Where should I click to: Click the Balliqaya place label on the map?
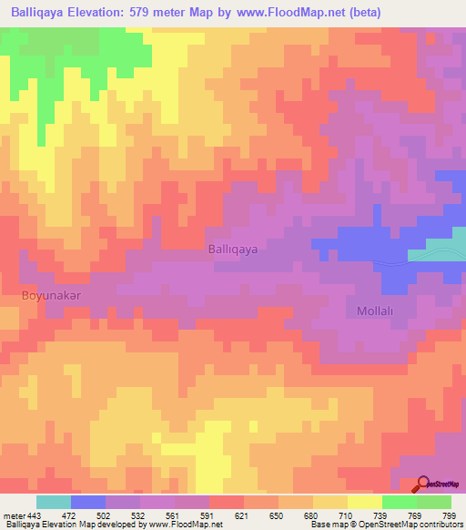click(x=233, y=248)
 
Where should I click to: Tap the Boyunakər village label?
click(x=53, y=296)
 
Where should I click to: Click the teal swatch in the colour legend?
click(x=54, y=502)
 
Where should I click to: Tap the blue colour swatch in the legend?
click(x=88, y=502)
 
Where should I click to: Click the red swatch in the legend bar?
click(x=227, y=502)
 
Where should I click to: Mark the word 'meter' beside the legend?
click(x=14, y=515)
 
